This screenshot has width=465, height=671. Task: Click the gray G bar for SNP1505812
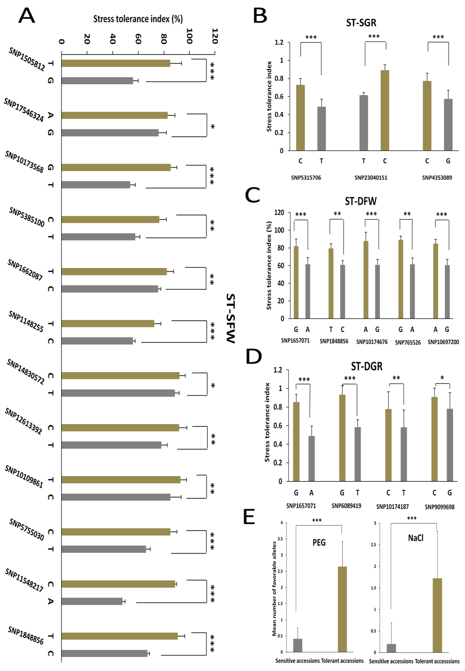97,81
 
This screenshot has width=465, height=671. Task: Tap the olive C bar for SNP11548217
118,584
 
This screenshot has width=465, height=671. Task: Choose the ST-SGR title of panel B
361,23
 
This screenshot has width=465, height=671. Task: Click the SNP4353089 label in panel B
437,178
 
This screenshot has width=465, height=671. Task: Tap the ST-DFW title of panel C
361,201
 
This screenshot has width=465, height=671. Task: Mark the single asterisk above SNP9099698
442,378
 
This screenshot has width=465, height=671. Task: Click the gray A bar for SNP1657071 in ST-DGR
311,458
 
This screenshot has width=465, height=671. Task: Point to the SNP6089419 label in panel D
346,506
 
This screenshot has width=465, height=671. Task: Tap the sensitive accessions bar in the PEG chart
298,645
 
